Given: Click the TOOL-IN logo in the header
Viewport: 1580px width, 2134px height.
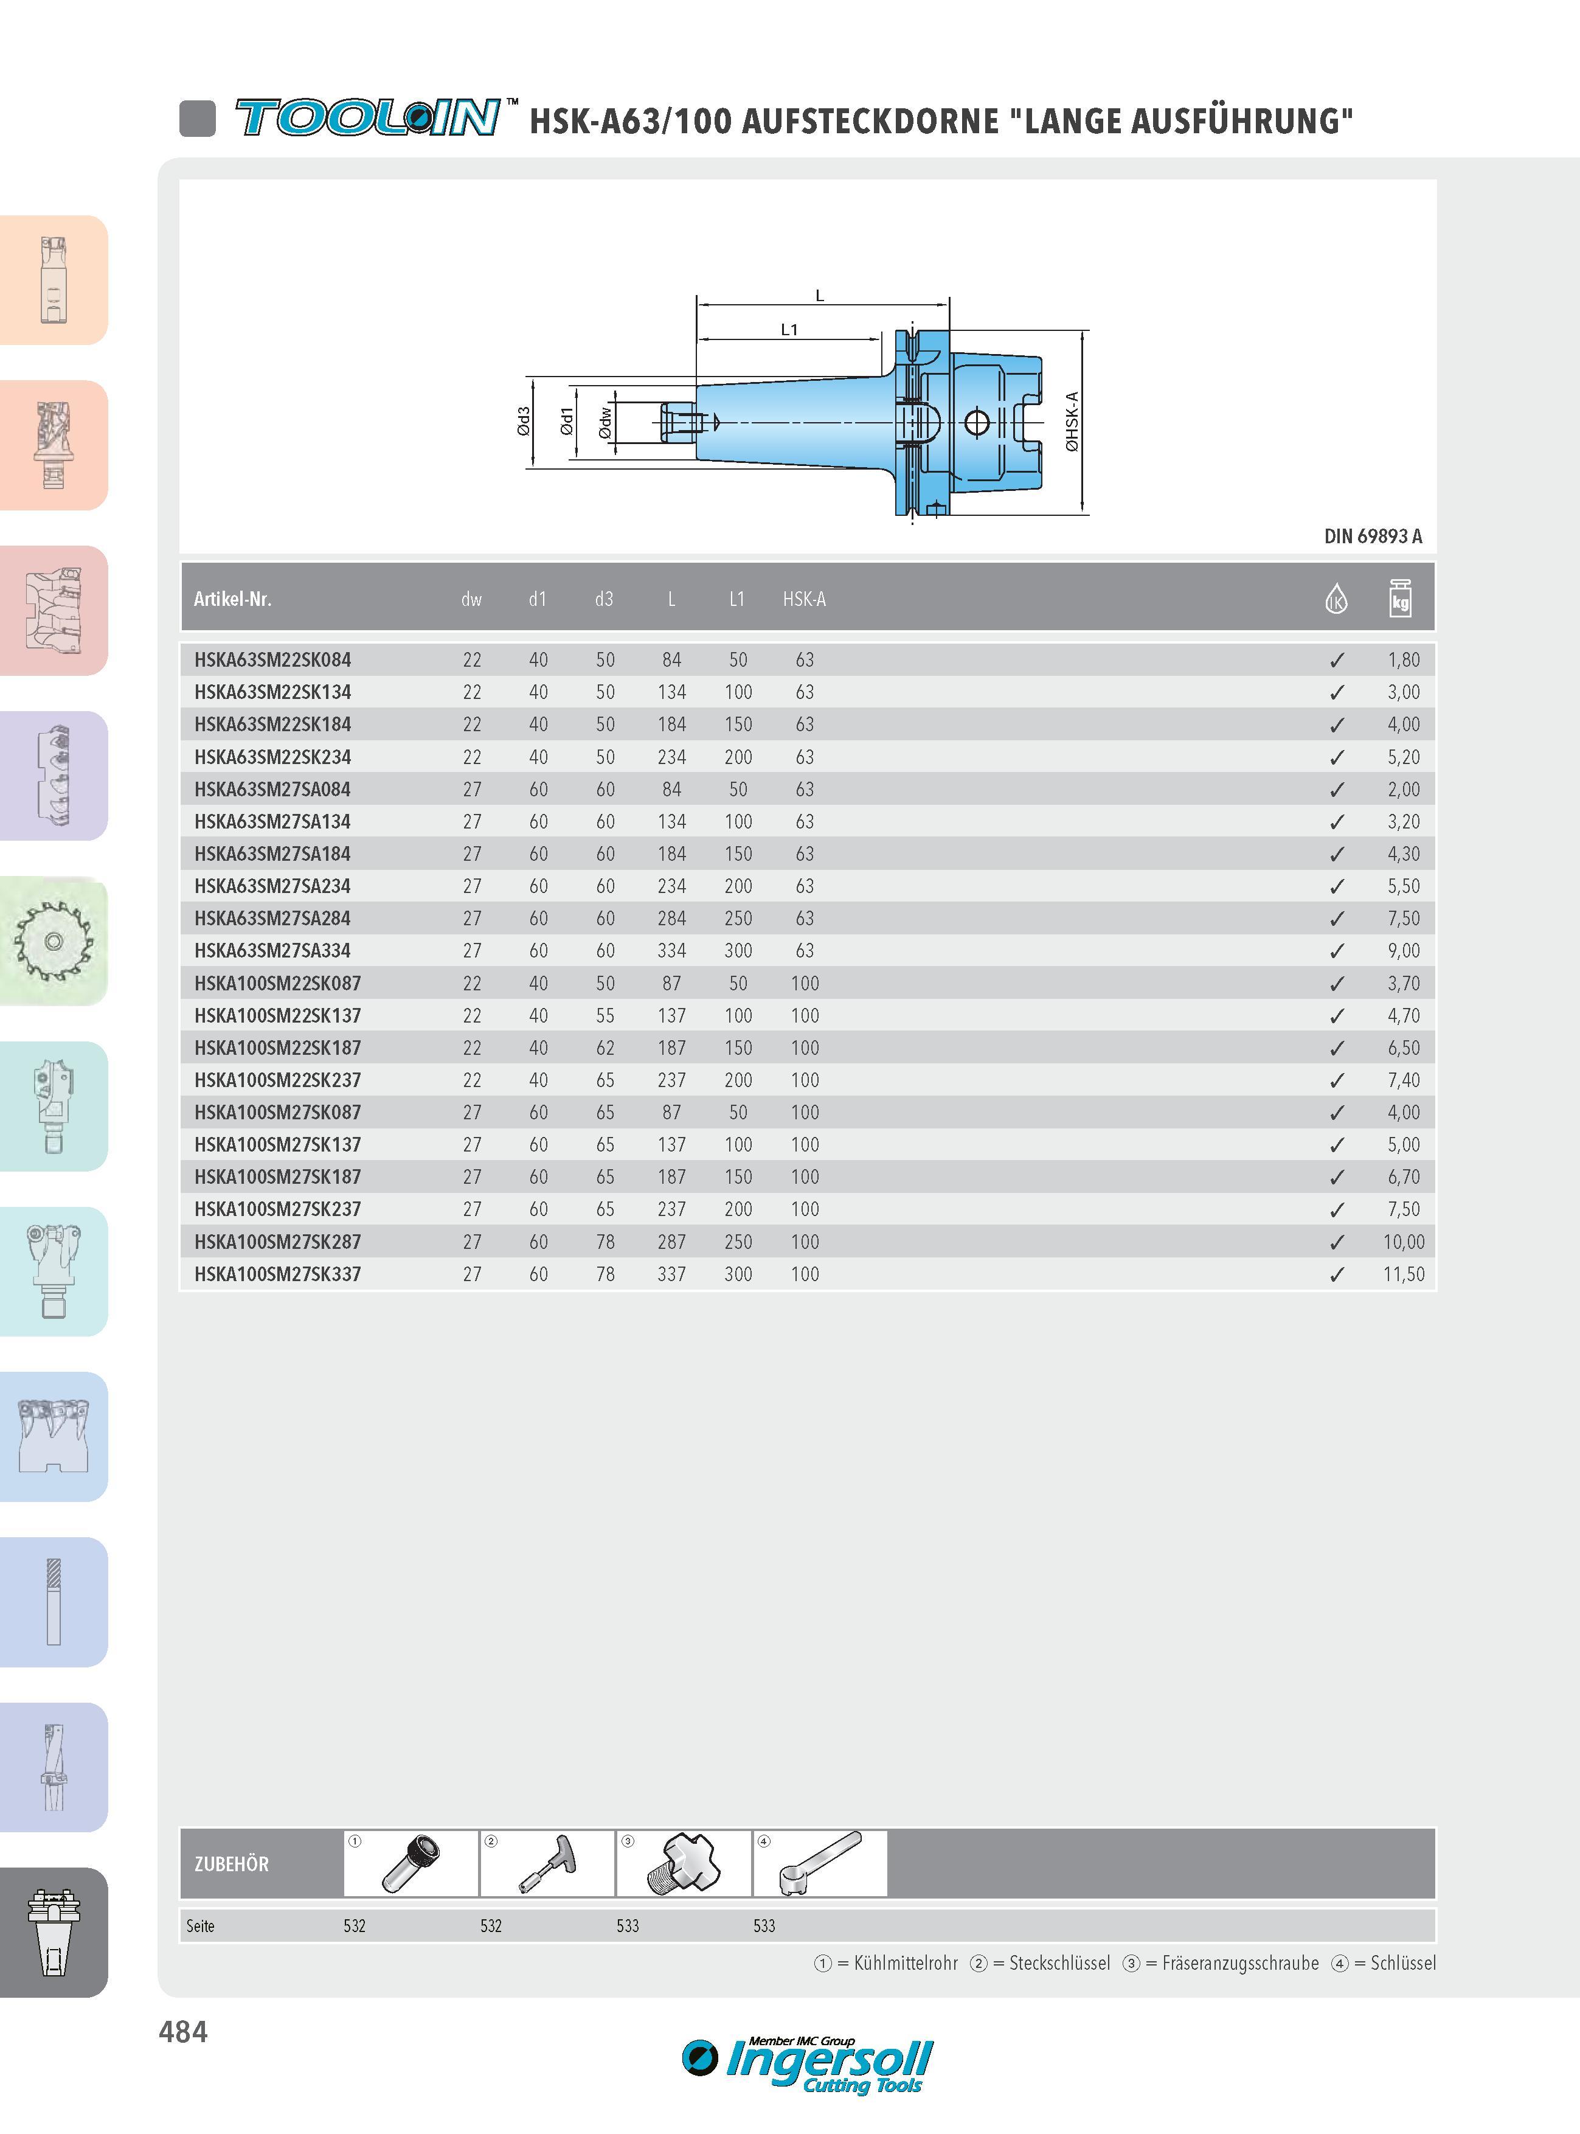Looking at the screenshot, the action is pyautogui.click(x=368, y=117).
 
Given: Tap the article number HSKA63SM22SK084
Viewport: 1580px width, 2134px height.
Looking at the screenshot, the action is pyautogui.click(x=272, y=660).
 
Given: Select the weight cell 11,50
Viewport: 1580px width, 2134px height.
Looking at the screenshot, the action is pyautogui.click(x=1403, y=1274).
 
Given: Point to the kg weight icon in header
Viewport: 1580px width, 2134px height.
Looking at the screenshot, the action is pyautogui.click(x=1400, y=598).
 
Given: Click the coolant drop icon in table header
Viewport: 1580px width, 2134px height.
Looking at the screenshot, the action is pyautogui.click(x=1336, y=599).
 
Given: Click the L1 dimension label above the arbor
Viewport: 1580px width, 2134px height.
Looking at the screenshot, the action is pyautogui.click(x=789, y=330).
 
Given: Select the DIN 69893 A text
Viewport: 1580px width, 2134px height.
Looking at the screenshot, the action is pyautogui.click(x=1373, y=537).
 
